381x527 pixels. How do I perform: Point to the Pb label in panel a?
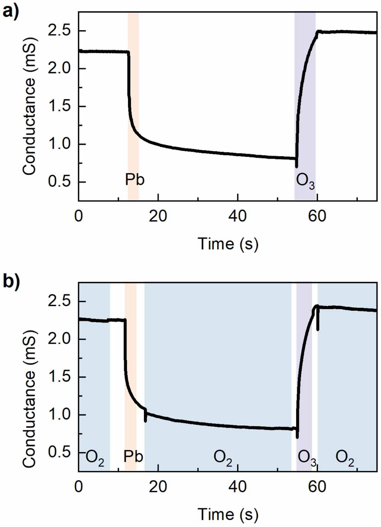(x=135, y=180)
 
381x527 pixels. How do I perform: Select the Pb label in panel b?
(x=133, y=456)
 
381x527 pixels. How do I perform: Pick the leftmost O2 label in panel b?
(x=95, y=458)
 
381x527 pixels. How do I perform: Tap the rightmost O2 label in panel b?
(x=345, y=458)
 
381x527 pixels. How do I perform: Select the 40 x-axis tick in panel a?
(x=238, y=216)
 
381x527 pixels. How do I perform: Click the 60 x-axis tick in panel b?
(x=317, y=486)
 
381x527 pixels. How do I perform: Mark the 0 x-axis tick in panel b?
(x=78, y=486)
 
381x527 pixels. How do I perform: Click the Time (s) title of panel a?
(x=228, y=244)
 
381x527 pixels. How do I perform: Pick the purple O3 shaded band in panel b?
(x=304, y=372)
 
